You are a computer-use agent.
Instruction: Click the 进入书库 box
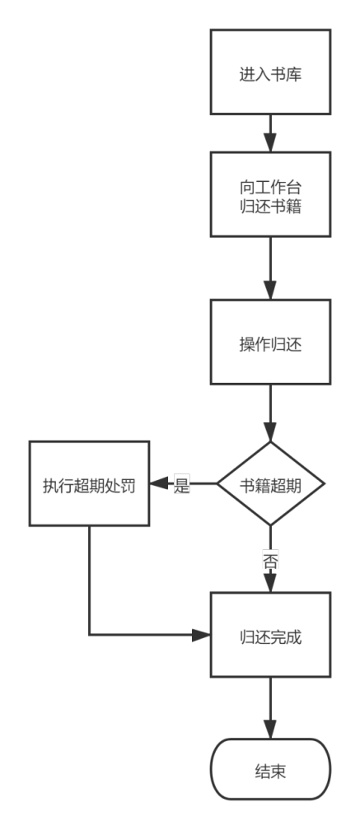(x=270, y=72)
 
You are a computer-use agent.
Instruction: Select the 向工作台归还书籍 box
(x=270, y=194)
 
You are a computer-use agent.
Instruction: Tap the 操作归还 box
(x=270, y=342)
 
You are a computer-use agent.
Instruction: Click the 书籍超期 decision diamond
(x=270, y=483)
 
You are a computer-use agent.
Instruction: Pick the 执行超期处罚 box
(x=89, y=483)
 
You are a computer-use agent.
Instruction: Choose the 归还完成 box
(x=270, y=635)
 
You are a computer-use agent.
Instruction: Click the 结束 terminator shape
(x=270, y=769)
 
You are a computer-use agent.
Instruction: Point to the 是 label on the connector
(x=181, y=484)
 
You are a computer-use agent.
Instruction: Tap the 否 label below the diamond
(x=270, y=561)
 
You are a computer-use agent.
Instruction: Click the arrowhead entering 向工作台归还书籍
(x=270, y=143)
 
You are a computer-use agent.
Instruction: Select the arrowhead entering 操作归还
(x=270, y=291)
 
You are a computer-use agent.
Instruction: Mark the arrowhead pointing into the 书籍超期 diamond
(x=270, y=432)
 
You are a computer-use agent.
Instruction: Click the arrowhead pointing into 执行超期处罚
(x=159, y=483)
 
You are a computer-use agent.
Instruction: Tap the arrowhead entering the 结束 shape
(x=270, y=730)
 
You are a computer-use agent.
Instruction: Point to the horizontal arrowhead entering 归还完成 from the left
(x=201, y=635)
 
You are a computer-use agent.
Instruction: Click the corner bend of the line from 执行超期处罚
(x=89, y=635)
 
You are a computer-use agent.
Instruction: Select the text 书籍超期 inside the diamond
(x=270, y=486)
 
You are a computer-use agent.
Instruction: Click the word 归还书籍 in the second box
(x=270, y=207)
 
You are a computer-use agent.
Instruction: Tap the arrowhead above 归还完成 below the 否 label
(x=270, y=583)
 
